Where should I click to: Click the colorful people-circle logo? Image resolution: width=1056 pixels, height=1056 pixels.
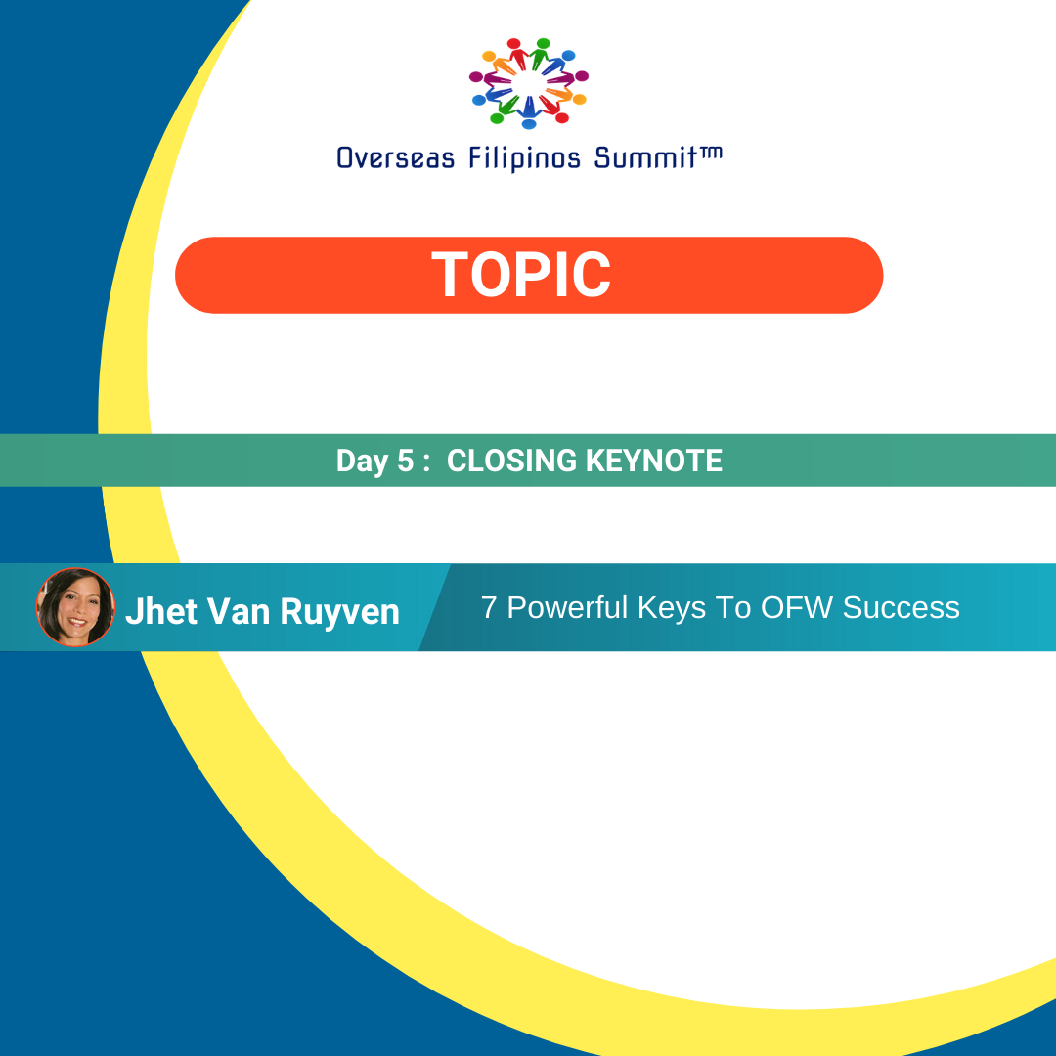click(529, 83)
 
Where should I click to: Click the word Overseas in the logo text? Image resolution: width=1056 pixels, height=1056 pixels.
click(395, 158)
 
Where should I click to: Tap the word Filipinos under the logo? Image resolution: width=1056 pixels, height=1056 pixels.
click(524, 159)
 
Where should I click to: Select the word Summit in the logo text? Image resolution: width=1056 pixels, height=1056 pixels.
click(645, 157)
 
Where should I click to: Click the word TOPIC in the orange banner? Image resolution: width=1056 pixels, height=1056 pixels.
click(521, 274)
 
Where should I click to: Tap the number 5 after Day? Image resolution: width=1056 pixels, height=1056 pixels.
click(406, 461)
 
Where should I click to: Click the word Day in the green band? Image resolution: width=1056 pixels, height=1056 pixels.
click(363, 462)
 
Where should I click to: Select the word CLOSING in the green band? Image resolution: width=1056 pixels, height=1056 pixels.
click(511, 461)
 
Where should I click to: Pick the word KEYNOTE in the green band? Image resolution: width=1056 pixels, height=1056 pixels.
click(654, 461)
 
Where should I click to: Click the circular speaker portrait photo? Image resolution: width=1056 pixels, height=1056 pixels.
click(75, 607)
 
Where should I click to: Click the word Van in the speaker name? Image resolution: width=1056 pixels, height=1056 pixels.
click(239, 611)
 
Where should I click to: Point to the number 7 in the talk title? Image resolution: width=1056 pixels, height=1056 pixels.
click(489, 607)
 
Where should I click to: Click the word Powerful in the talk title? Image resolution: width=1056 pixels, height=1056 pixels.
click(567, 607)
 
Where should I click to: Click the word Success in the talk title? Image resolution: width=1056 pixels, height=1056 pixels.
click(902, 607)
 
